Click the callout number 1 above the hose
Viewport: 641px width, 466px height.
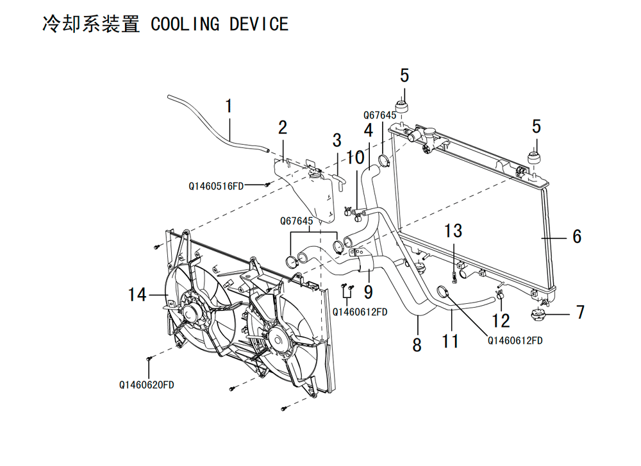[229, 106]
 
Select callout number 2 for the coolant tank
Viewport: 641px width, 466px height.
[283, 128]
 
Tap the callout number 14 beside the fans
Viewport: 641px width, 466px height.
[137, 295]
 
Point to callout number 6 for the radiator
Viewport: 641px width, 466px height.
[577, 237]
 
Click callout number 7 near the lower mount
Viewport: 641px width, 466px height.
[580, 312]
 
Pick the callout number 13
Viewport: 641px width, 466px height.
[453, 231]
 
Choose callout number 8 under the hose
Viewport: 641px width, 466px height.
[417, 345]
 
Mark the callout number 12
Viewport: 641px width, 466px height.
[501, 321]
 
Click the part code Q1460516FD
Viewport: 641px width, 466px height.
[216, 187]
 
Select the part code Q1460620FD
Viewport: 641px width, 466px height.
[146, 385]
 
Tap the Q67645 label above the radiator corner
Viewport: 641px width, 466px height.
[379, 115]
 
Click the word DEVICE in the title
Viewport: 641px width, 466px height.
[259, 24]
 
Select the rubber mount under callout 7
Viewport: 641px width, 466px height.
[538, 315]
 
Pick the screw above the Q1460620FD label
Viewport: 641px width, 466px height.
[149, 358]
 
